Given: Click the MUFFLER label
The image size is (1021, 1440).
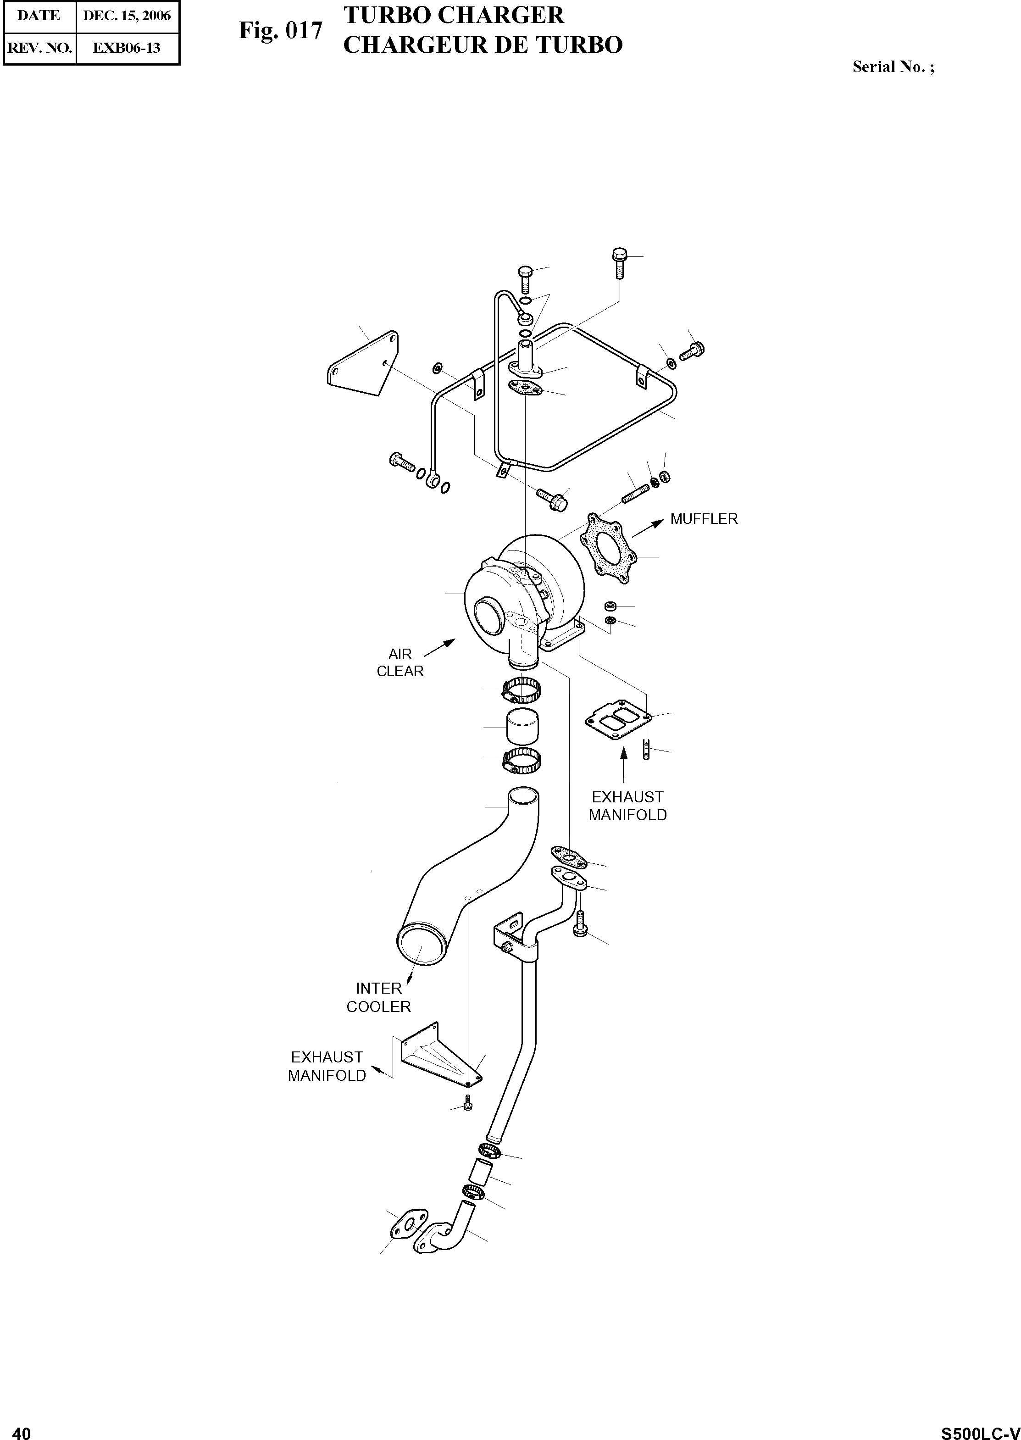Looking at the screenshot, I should pyautogui.click(x=704, y=519).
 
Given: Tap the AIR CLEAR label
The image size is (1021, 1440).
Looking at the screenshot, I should pyautogui.click(x=400, y=663).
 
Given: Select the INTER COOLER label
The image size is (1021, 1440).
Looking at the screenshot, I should pyautogui.click(x=378, y=997).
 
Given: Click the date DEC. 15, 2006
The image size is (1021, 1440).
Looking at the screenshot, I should pyautogui.click(x=127, y=16).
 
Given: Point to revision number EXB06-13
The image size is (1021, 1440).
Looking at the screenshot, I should pyautogui.click(x=127, y=48).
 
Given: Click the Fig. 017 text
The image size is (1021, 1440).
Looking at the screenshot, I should pyautogui.click(x=280, y=30).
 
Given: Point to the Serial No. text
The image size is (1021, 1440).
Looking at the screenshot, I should pyautogui.click(x=893, y=67).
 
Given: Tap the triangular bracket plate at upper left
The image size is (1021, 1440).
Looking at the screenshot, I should pyautogui.click(x=363, y=363).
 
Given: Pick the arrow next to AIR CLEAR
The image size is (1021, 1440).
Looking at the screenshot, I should pyautogui.click(x=441, y=647).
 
